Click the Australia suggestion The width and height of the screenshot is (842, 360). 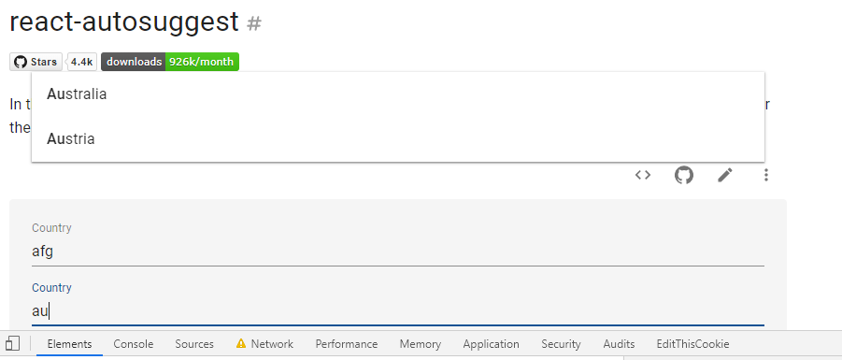click(x=77, y=94)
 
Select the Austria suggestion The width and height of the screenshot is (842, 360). click(x=71, y=139)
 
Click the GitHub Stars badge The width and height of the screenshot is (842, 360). click(x=36, y=62)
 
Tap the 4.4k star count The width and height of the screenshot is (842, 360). click(x=82, y=62)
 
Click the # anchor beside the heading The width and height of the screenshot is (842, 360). click(x=253, y=23)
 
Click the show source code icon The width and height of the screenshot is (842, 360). click(x=643, y=175)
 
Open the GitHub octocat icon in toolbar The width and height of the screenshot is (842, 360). click(x=684, y=175)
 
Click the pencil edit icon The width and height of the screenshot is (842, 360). click(x=725, y=175)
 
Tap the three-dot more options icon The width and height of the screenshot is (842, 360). click(x=766, y=175)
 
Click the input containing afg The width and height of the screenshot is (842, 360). click(x=397, y=251)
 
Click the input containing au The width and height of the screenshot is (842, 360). click(x=397, y=310)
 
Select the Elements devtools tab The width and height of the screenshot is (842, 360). click(x=69, y=344)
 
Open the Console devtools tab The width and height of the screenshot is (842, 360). click(x=134, y=344)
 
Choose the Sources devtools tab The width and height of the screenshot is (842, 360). click(x=194, y=344)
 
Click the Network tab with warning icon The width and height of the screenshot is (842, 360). click(x=265, y=344)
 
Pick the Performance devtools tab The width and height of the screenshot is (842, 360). click(x=347, y=344)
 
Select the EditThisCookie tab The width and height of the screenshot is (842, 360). click(x=692, y=344)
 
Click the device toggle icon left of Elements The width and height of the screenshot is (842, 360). click(x=13, y=344)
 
